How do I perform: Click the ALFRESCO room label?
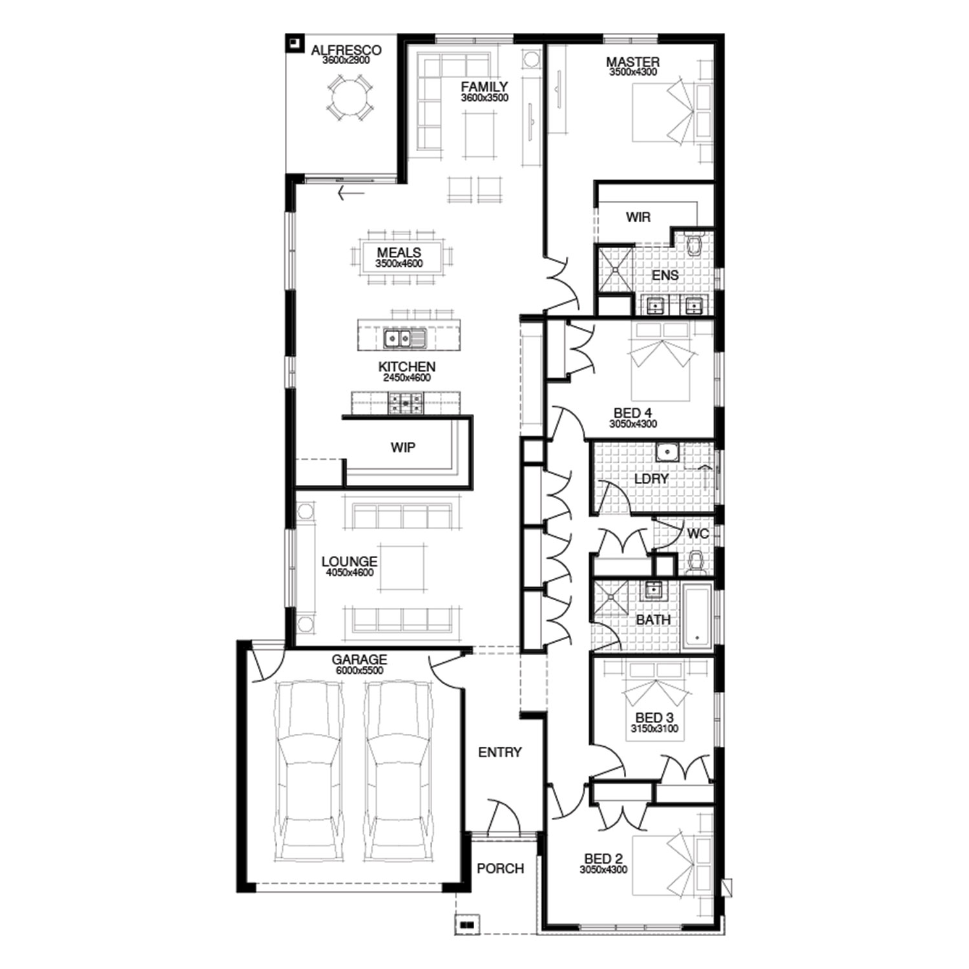coord(346,50)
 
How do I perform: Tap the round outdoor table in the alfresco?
coord(349,98)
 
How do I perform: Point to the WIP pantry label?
coord(402,447)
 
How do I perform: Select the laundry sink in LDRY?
coord(667,452)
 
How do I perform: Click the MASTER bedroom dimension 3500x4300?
coord(633,72)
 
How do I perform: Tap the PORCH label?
coord(500,869)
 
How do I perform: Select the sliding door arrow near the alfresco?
coord(351,192)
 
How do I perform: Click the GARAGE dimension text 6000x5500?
coord(359,671)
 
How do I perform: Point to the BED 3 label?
coord(654,718)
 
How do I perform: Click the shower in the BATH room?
coord(611,597)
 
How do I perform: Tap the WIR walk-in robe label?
coord(638,217)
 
